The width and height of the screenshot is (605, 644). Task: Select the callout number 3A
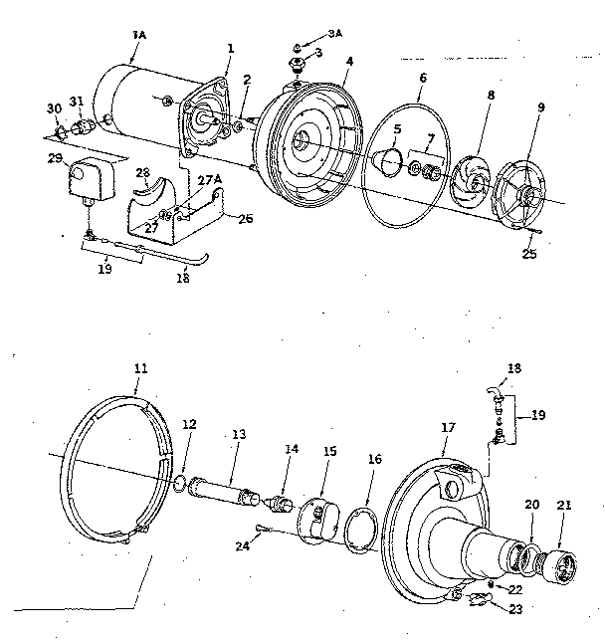334,33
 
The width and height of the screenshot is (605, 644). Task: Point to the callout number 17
448,427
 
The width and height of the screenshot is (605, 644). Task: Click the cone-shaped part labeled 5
386,158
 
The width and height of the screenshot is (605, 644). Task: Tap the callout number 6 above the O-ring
423,77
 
